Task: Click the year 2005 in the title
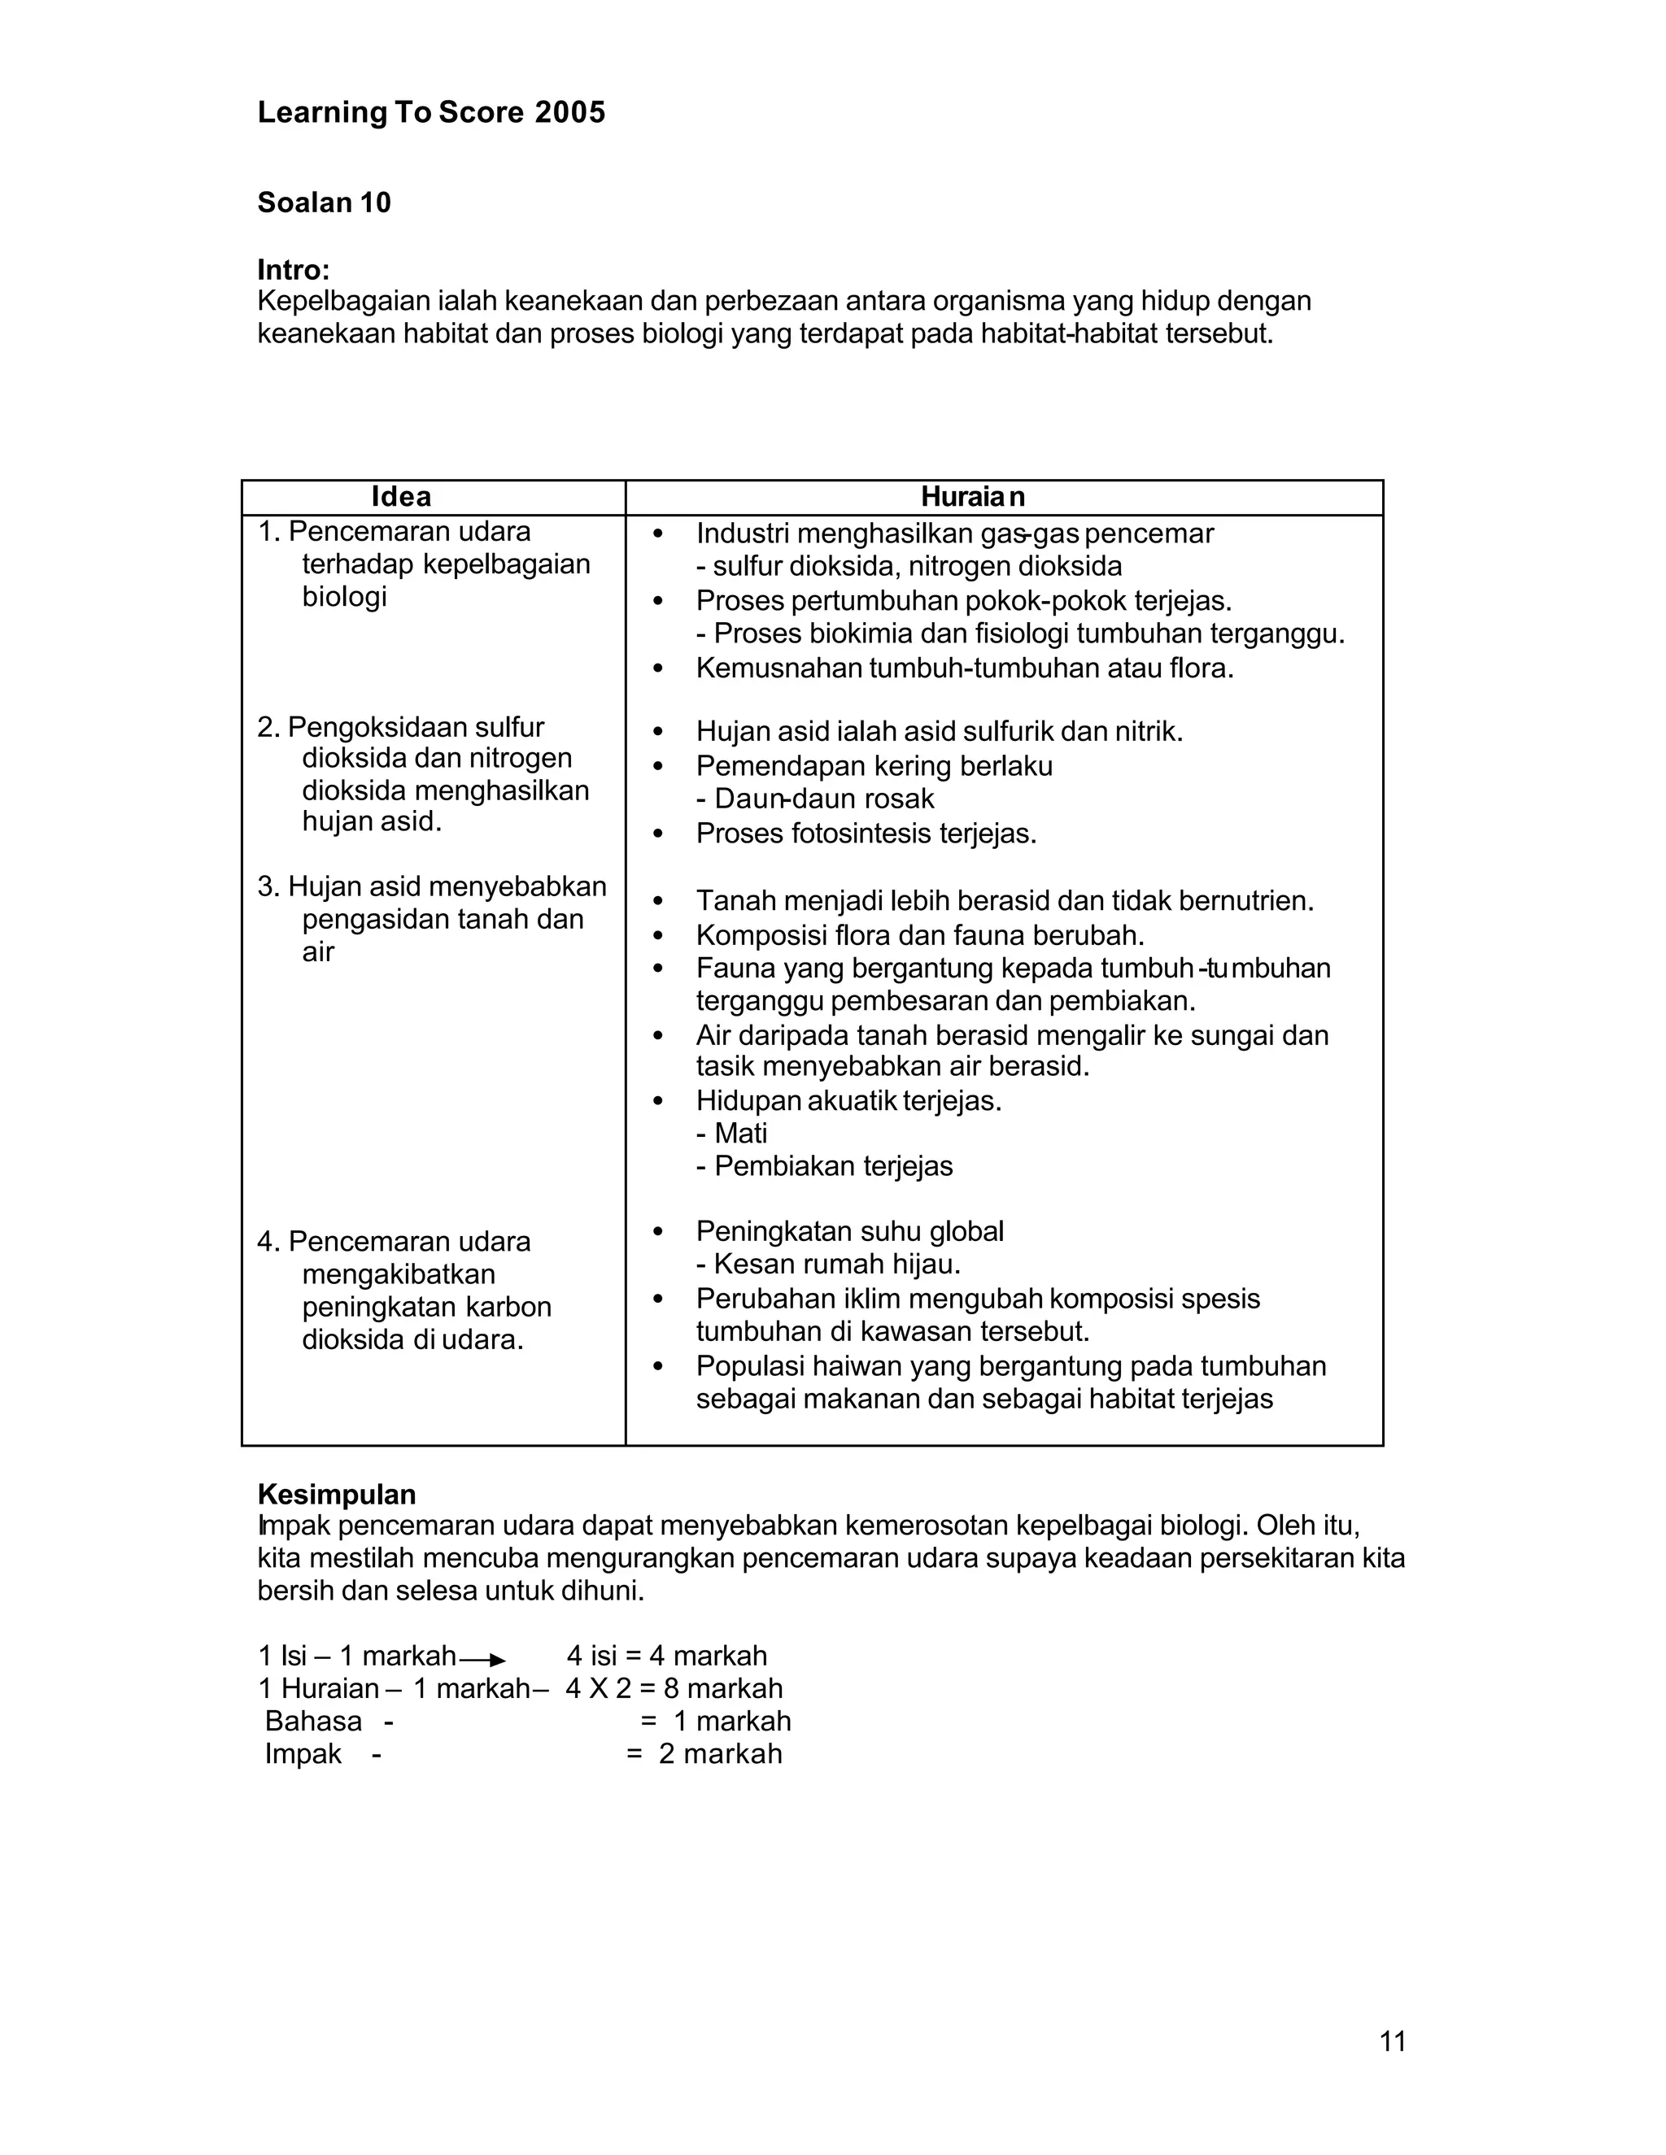tap(569, 112)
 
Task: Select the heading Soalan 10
tap(324, 202)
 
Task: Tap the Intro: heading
tap(293, 269)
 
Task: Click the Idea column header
tap(401, 496)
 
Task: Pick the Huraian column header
tap(972, 496)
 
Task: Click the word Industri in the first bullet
tap(741, 533)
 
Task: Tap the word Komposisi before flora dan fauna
tap(759, 934)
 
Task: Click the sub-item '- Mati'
tap(731, 1133)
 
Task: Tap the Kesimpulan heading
tap(337, 1494)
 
